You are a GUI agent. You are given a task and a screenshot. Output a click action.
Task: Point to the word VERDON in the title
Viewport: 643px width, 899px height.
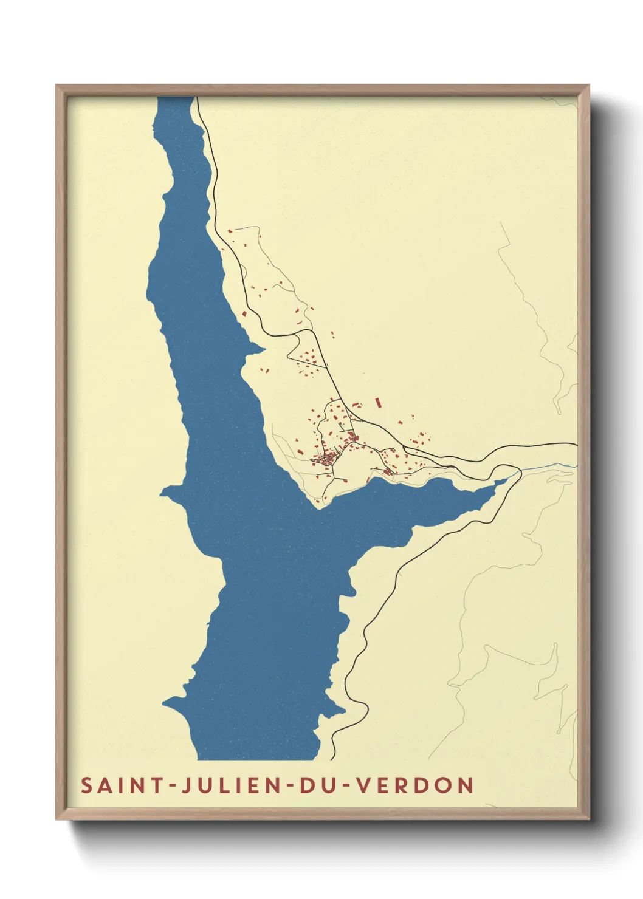tap(414, 785)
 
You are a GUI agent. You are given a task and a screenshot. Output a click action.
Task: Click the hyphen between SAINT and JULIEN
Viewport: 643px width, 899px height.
tap(173, 786)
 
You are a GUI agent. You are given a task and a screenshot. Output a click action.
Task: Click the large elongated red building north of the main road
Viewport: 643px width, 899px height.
tap(378, 402)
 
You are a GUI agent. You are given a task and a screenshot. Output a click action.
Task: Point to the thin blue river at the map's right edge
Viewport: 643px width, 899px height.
tap(550, 466)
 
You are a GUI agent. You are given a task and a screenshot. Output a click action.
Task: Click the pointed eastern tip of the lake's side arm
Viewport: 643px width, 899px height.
tap(506, 480)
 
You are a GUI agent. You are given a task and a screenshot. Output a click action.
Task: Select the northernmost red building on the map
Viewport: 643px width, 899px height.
tap(230, 231)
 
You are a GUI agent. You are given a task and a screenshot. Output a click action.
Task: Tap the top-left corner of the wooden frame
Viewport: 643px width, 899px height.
tap(57, 86)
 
